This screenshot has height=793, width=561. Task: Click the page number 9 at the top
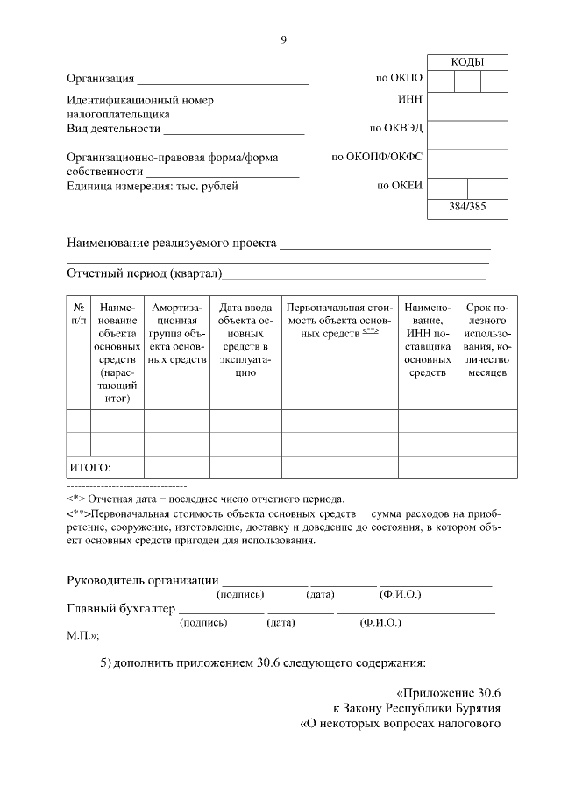(x=283, y=39)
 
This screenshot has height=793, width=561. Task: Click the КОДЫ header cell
(x=467, y=62)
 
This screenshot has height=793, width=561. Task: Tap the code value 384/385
(x=467, y=208)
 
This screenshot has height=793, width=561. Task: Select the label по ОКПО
(x=400, y=79)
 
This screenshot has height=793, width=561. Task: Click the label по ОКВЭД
(x=396, y=128)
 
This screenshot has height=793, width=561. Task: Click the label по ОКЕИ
(x=401, y=186)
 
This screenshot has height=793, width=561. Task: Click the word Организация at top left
(x=101, y=80)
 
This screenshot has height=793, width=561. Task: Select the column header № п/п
(x=79, y=315)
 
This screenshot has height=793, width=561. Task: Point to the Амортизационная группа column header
(x=177, y=333)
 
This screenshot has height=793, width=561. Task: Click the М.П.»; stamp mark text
(x=83, y=635)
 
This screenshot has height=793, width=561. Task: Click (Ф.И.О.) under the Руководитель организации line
(x=400, y=595)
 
